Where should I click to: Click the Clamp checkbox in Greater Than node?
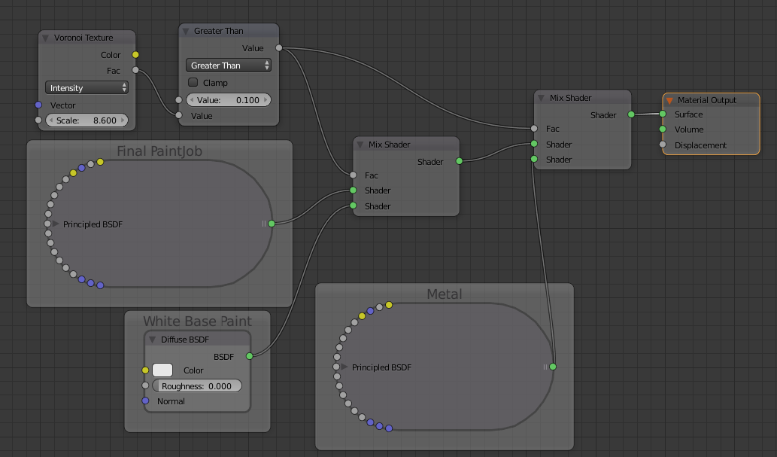pyautogui.click(x=193, y=82)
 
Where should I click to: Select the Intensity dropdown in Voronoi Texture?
pyautogui.click(x=87, y=88)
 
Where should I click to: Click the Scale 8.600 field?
pyautogui.click(x=87, y=120)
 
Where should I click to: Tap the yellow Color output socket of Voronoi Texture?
pyautogui.click(x=135, y=54)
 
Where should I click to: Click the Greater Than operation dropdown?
pyautogui.click(x=229, y=65)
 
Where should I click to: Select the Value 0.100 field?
pyautogui.click(x=229, y=99)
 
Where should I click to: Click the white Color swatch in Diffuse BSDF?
pyautogui.click(x=162, y=370)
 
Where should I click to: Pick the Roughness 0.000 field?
pyautogui.click(x=197, y=386)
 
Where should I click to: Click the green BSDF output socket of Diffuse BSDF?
pyautogui.click(x=249, y=356)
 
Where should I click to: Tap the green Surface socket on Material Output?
pyautogui.click(x=663, y=114)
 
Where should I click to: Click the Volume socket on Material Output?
pyautogui.click(x=663, y=129)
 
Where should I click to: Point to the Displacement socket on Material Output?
pyautogui.click(x=663, y=145)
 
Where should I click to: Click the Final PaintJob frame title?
pyautogui.click(x=159, y=151)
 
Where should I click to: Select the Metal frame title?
pyautogui.click(x=445, y=294)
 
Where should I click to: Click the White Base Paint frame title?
pyautogui.click(x=197, y=321)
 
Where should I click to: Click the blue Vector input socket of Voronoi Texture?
pyautogui.click(x=38, y=105)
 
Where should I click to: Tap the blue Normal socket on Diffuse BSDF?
pyautogui.click(x=145, y=401)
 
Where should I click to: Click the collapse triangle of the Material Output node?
pyautogui.click(x=669, y=100)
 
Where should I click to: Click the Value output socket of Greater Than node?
pyautogui.click(x=279, y=47)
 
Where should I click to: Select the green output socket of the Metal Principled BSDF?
pyautogui.click(x=553, y=367)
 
